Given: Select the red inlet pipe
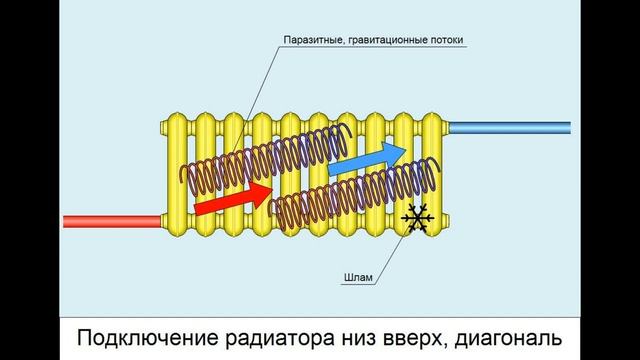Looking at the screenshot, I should click(110, 220).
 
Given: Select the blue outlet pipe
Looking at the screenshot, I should click(510, 128).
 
